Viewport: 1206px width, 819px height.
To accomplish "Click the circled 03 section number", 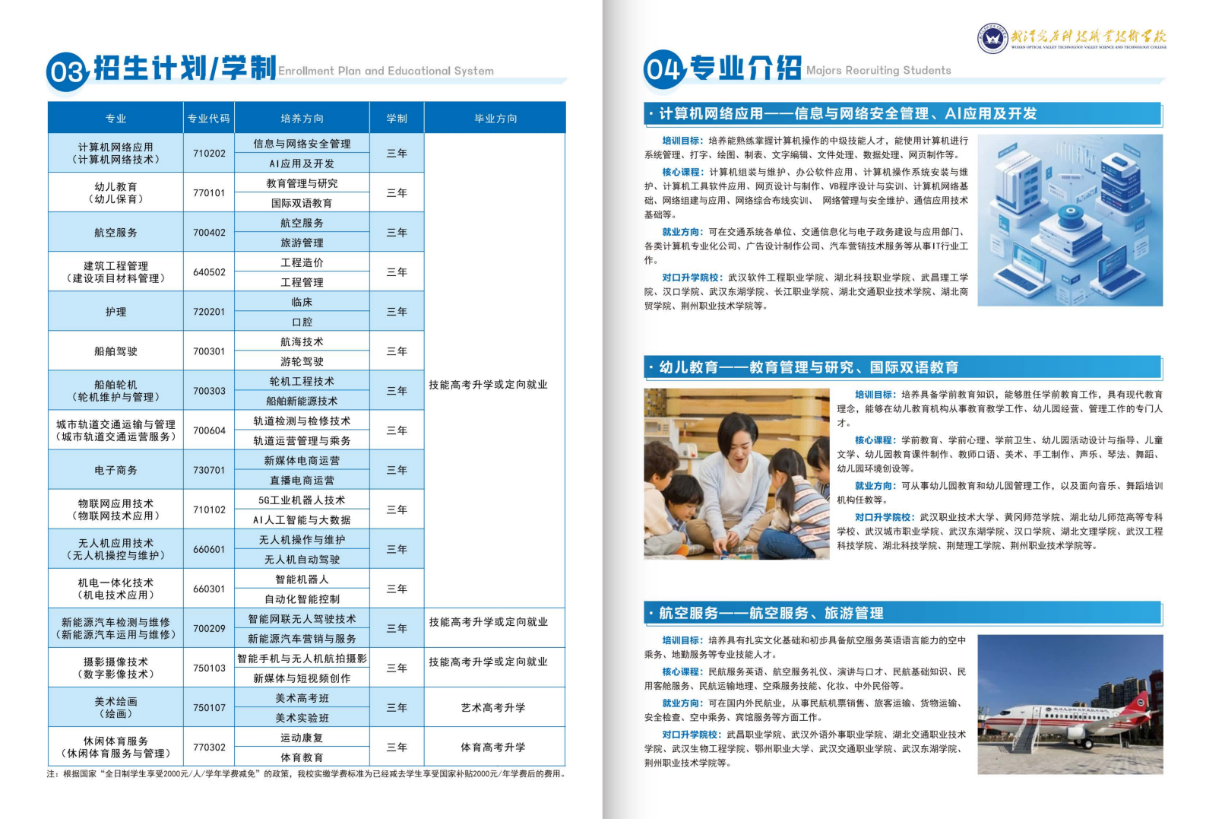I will (x=68, y=71).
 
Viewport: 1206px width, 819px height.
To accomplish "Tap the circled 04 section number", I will (x=664, y=69).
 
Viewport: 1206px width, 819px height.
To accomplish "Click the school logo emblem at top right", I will (x=992, y=37).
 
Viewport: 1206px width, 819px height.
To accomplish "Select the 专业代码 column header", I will (x=208, y=118).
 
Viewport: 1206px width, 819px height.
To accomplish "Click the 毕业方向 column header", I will (x=495, y=118).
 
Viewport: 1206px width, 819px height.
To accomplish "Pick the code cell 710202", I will (x=209, y=153).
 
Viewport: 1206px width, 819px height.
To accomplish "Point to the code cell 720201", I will (x=209, y=312).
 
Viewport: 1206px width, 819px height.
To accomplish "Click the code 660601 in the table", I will (x=209, y=549).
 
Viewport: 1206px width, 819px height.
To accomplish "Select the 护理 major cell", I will (x=116, y=312).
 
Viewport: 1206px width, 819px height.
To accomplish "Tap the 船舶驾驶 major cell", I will (x=116, y=351).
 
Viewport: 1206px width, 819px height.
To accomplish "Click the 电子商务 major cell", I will (x=116, y=470).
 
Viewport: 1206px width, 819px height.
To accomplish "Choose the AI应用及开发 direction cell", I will (x=302, y=163).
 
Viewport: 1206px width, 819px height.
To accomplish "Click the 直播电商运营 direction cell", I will (x=302, y=480).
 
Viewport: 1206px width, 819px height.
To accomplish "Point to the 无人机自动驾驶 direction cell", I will (x=302, y=559).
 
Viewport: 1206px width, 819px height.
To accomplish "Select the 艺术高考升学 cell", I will (x=492, y=707).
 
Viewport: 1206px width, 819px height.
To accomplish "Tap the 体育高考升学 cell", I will (x=492, y=747).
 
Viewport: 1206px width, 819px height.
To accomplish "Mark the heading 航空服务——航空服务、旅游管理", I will (x=771, y=613).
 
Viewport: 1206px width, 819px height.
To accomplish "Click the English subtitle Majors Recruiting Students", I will (x=878, y=70).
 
